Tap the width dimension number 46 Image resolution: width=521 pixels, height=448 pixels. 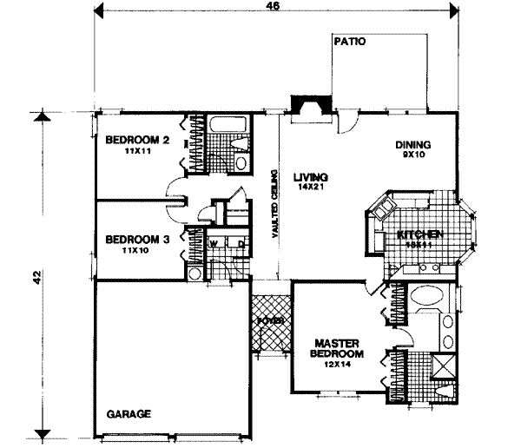click(x=274, y=9)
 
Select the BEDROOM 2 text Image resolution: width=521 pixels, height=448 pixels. click(x=136, y=141)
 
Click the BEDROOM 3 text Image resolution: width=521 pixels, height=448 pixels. click(x=136, y=240)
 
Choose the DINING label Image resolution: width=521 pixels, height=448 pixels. click(x=412, y=145)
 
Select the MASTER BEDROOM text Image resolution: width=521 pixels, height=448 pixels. click(x=337, y=348)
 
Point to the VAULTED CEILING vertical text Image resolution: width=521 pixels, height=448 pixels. click(x=275, y=203)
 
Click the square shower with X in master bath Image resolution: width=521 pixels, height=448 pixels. click(x=444, y=365)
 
